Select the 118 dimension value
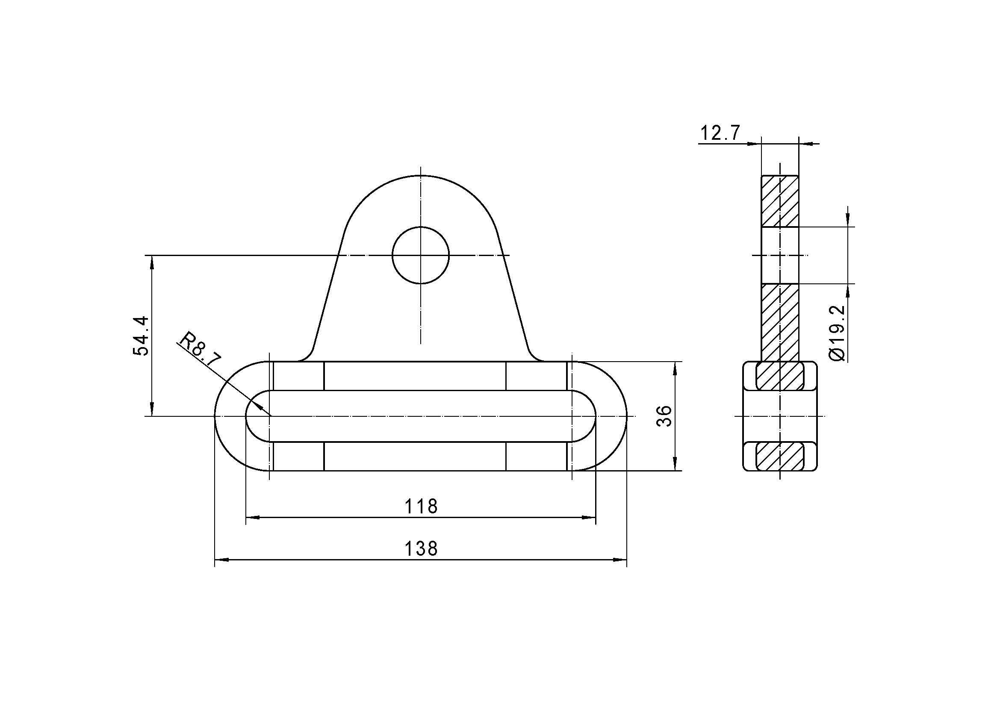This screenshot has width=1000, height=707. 421,506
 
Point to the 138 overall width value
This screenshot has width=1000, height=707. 421,549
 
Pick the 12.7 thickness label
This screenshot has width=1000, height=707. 720,133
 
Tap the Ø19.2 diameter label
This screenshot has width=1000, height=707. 837,333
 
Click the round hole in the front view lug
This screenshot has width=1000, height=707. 420,255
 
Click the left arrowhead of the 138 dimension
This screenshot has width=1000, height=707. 222,560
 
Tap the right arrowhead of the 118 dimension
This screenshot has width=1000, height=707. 589,518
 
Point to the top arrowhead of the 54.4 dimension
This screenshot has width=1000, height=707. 152,262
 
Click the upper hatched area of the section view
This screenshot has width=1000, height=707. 780,201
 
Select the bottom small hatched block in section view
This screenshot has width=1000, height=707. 780,456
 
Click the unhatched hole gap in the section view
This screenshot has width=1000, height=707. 780,255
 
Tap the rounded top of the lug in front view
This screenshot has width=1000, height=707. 420,176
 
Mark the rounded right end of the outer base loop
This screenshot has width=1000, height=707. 626,416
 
